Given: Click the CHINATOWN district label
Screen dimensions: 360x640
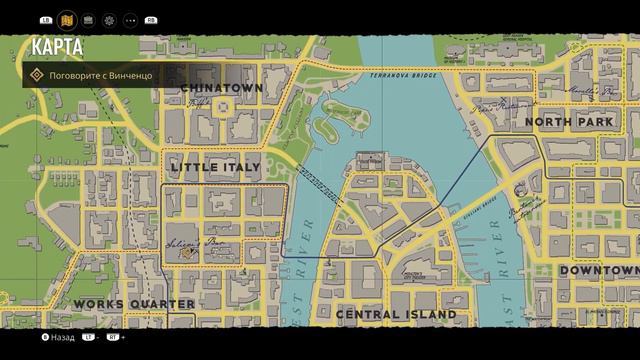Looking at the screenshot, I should pyautogui.click(x=222, y=88).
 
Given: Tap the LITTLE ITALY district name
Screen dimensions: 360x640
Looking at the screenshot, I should pyautogui.click(x=215, y=166).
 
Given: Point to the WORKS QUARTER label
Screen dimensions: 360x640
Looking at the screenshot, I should pyautogui.click(x=134, y=303).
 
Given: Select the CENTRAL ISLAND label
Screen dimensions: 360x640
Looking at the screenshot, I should pyautogui.click(x=396, y=314).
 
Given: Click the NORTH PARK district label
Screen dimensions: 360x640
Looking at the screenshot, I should pyautogui.click(x=568, y=122).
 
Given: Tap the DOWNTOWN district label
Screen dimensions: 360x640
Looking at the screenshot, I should pyautogui.click(x=598, y=271).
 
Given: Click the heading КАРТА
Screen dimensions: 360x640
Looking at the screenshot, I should pyautogui.click(x=56, y=47).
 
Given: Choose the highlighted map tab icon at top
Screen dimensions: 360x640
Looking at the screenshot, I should pyautogui.click(x=67, y=19).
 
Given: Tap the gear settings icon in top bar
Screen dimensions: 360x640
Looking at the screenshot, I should pyautogui.click(x=109, y=19).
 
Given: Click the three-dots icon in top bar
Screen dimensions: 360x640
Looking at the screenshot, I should pyautogui.click(x=131, y=19).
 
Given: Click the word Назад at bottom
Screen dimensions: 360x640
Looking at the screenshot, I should pyautogui.click(x=62, y=338).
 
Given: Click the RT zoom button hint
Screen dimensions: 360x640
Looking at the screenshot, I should pyautogui.click(x=113, y=338).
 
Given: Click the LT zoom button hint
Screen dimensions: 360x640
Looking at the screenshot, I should pyautogui.click(x=89, y=338).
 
